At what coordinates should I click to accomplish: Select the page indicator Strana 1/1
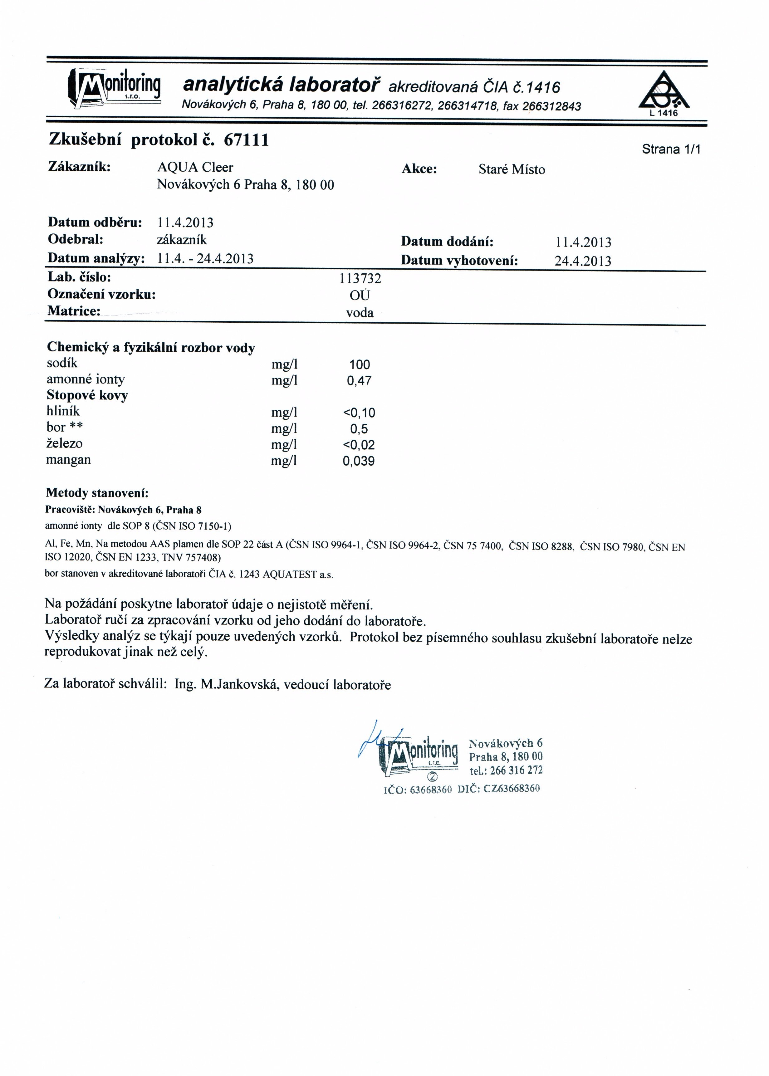click(670, 149)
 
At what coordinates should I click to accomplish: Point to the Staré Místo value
click(512, 169)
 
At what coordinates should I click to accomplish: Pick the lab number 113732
click(360, 278)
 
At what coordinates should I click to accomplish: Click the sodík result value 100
click(360, 364)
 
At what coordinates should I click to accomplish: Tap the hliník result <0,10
click(359, 413)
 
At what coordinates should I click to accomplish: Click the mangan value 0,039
click(359, 461)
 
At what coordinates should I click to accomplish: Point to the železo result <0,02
click(359, 445)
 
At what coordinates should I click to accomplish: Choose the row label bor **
click(64, 427)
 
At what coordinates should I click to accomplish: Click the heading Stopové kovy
click(87, 395)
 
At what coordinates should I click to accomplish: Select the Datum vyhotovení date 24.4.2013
click(583, 261)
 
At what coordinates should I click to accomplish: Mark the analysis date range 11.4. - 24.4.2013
click(205, 258)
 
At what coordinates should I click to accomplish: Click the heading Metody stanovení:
click(97, 493)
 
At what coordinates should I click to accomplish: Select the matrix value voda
click(360, 313)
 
